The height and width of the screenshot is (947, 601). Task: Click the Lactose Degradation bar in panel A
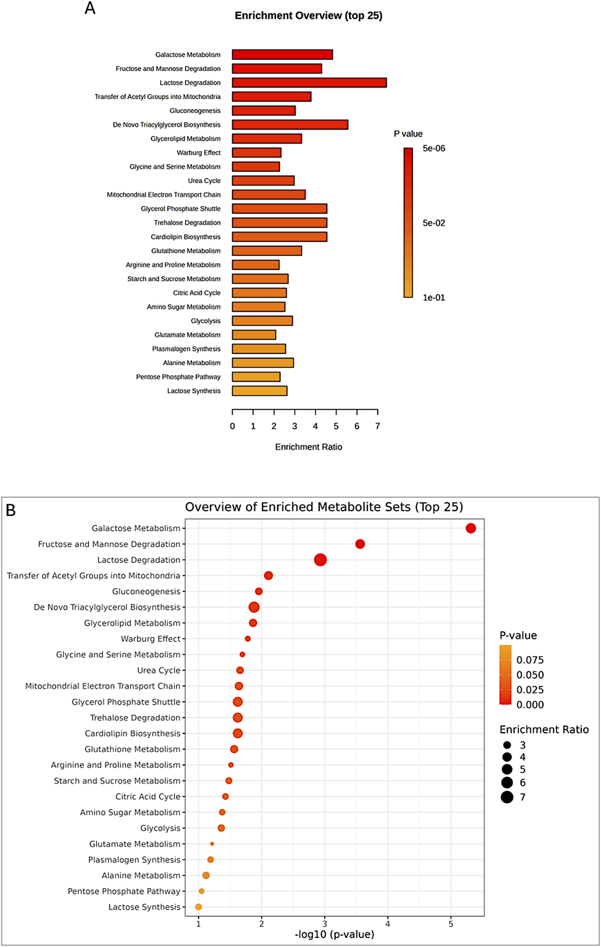pos(309,83)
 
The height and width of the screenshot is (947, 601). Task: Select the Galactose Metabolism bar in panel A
pos(282,55)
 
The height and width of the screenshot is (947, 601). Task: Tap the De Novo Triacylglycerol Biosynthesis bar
pos(290,125)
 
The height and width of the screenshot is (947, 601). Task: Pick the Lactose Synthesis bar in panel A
pos(259,391)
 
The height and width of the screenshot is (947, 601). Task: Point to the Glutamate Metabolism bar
pos(254,335)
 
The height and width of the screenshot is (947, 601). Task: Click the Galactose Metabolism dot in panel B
pos(471,528)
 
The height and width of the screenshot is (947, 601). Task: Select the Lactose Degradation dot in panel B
pos(320,560)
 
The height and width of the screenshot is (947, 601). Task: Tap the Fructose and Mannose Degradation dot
pos(360,544)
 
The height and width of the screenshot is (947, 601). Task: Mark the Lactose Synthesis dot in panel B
pos(198,907)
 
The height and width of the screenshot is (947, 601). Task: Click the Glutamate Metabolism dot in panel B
pos(212,843)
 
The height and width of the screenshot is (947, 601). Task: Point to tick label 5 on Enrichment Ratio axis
pos(336,426)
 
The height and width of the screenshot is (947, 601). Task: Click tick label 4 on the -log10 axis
pos(387,924)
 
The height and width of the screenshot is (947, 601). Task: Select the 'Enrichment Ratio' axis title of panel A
pos(308,447)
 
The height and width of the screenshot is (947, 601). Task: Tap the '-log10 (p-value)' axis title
pos(334,934)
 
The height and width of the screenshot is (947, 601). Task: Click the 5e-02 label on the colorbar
pos(434,223)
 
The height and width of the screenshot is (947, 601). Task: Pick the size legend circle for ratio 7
pos(507,797)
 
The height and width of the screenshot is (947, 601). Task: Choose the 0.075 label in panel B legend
pos(530,660)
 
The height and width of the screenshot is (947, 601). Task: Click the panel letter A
pos(90,8)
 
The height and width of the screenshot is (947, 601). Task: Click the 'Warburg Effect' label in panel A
pos(198,153)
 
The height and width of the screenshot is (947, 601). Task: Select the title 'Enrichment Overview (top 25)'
pos(308,15)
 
